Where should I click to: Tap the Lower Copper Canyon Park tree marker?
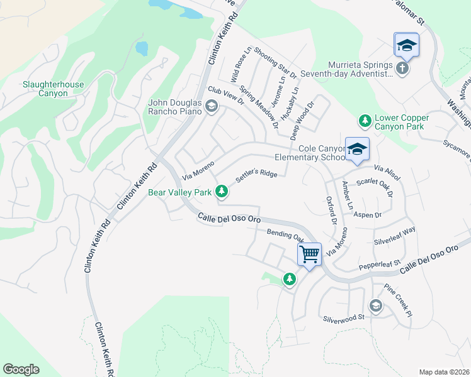pyautogui.click(x=364, y=119)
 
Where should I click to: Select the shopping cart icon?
pyautogui.click(x=309, y=254)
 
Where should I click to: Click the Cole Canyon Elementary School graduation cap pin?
pyautogui.click(x=357, y=150)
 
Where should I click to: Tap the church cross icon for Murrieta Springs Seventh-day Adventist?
pyautogui.click(x=403, y=68)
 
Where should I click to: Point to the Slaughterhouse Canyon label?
pyautogui.click(x=45, y=89)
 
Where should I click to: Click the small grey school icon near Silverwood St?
pyautogui.click(x=376, y=306)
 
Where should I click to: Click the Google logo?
pyautogui.click(x=21, y=369)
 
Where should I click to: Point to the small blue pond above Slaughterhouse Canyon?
pyautogui.click(x=142, y=48)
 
